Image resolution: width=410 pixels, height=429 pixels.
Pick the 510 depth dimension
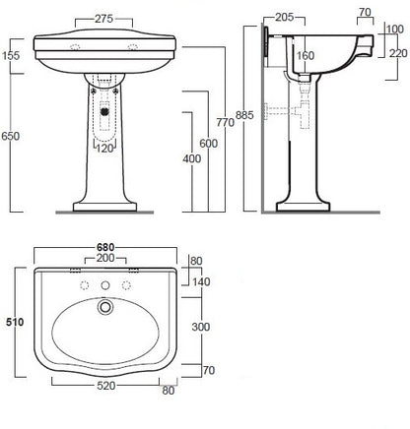coord(13,323)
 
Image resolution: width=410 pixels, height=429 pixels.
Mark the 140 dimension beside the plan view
coord(201,281)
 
